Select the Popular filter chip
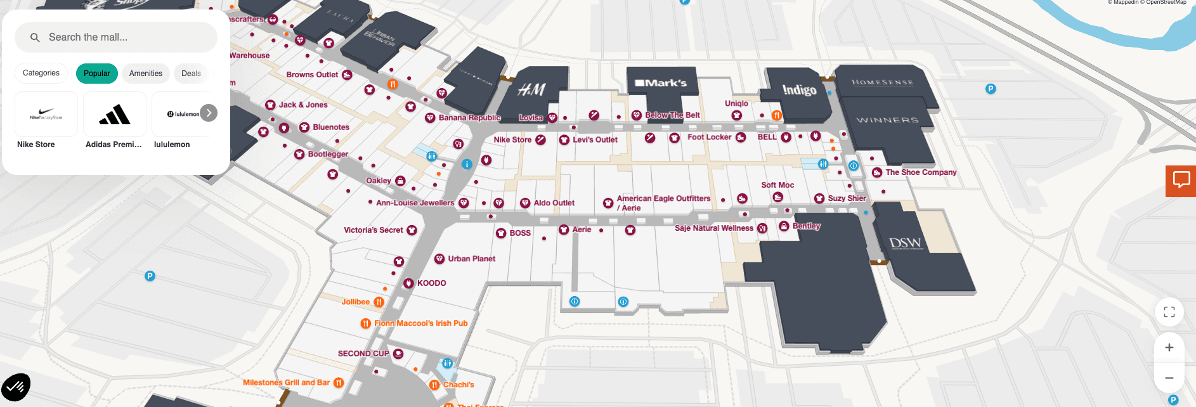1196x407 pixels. (97, 74)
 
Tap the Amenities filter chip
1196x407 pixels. (146, 74)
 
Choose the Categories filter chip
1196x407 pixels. (41, 73)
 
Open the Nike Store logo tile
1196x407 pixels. (46, 114)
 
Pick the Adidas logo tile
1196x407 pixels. (115, 114)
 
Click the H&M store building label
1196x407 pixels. (531, 90)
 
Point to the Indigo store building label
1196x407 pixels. (799, 90)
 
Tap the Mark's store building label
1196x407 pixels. (661, 83)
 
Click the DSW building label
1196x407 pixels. (905, 243)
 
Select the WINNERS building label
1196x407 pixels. (887, 120)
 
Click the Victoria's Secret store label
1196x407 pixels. (374, 230)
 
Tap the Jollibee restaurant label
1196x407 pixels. (356, 302)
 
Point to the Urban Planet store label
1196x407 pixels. (471, 259)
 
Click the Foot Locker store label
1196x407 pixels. (709, 137)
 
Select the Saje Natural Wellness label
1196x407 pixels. (713, 228)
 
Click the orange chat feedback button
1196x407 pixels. (1181, 181)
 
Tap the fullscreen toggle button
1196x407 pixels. (1169, 312)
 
